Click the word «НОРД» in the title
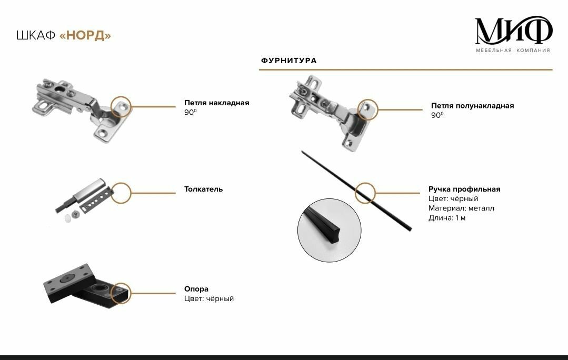point(86,36)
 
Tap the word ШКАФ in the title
point(36,36)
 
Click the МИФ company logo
point(513,32)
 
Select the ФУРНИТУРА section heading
point(288,61)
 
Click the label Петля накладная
point(216,103)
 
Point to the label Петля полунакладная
point(472,106)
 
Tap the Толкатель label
point(203,189)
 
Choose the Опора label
point(196,289)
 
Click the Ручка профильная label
point(464,189)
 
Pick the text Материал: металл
point(461,208)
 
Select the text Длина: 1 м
point(447,218)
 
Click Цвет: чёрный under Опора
point(208,298)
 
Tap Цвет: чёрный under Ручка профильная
point(453,199)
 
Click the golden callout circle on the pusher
point(121,193)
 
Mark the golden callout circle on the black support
point(121,294)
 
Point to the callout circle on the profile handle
point(365,192)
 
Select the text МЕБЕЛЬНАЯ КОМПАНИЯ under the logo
point(513,51)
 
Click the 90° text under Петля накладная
point(190,112)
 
